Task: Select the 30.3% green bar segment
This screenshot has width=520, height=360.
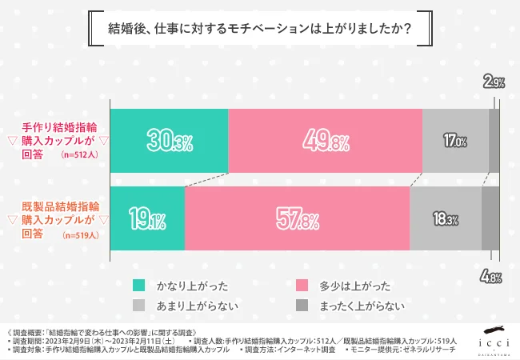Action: [169, 140]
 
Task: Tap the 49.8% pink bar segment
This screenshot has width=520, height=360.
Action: [325, 140]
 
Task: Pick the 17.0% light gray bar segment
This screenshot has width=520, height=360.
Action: [454, 140]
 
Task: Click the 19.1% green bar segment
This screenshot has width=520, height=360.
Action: [147, 218]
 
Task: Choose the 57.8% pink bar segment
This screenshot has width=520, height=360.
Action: [297, 218]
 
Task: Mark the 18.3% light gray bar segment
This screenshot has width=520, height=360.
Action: [445, 218]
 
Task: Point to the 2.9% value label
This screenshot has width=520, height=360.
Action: [493, 82]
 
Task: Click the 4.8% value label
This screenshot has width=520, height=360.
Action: [492, 278]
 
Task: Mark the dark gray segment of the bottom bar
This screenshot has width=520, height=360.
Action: [490, 218]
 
